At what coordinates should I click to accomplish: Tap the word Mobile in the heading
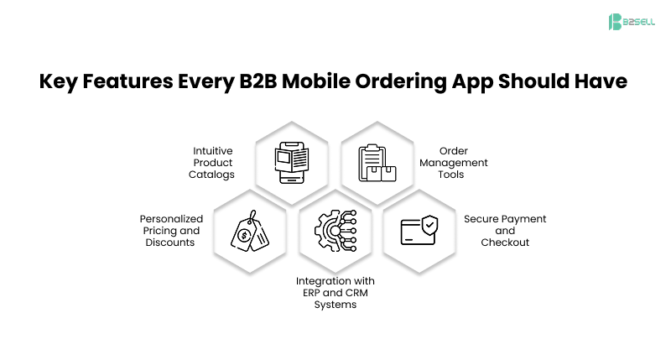pos(319,83)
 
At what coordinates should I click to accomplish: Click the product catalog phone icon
pos(290,161)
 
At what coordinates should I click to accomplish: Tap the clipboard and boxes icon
pos(377,161)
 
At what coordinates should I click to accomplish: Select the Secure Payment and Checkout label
pos(505,230)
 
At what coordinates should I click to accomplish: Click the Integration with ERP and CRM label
pos(335,292)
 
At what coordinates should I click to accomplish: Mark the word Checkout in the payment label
pos(505,243)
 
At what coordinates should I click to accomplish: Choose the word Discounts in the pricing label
pos(171,243)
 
